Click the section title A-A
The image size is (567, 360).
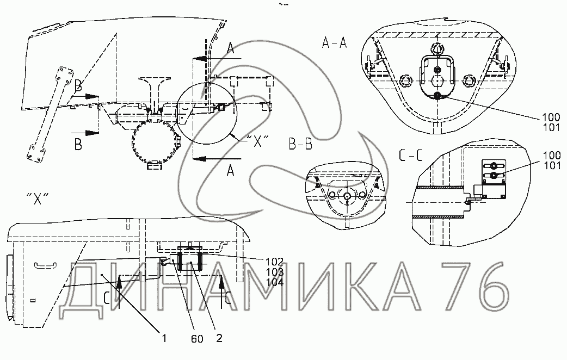pos(334,44)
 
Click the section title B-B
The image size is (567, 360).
pos(300,144)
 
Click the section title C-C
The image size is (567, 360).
pos(410,156)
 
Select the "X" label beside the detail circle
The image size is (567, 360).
pos(257,141)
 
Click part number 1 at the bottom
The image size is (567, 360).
pos(164,338)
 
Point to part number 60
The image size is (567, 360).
pos(197,339)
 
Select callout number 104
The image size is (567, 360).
pos(274,282)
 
